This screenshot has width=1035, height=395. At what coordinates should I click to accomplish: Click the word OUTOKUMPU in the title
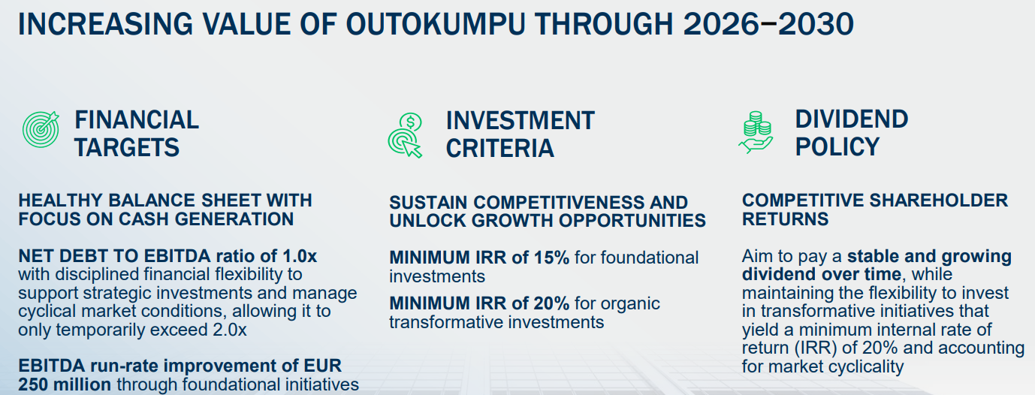point(435,24)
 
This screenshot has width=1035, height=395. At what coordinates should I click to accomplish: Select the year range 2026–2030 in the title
point(768,24)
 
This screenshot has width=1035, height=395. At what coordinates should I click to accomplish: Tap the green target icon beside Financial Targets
point(41,129)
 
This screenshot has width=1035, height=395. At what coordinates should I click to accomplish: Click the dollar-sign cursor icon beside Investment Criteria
point(406,135)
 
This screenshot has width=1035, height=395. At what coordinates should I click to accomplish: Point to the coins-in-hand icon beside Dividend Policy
point(756,132)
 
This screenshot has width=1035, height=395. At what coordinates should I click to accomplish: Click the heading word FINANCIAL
point(137,120)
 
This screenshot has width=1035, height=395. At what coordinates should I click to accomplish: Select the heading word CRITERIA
point(500,148)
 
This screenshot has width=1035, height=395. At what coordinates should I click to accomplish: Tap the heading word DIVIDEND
point(852,119)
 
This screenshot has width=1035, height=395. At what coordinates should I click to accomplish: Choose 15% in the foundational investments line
point(552,258)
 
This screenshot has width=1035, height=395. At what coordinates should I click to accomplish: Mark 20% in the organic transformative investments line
point(552,303)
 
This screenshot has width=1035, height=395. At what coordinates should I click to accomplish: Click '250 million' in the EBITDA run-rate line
point(65,384)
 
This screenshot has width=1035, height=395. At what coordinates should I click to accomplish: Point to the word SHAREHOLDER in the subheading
point(939,201)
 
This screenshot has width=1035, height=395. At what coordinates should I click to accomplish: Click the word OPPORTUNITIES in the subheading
point(632,221)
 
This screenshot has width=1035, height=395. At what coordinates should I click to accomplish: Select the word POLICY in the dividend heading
point(837,147)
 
